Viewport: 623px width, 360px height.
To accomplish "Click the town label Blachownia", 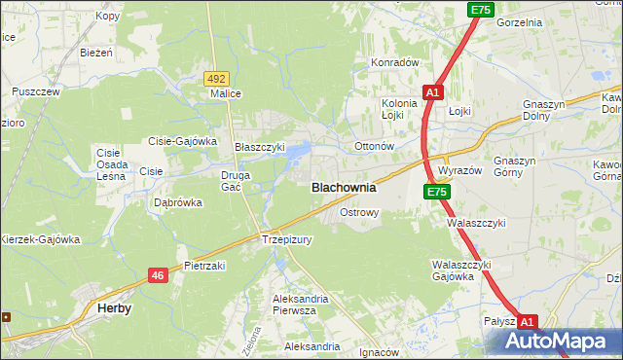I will tap(343, 188).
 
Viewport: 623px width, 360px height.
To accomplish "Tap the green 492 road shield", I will tap(216, 78).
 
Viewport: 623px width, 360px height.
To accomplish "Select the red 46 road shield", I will tap(158, 276).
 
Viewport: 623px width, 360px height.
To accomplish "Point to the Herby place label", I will tap(115, 307).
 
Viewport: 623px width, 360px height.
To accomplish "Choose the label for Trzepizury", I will tap(286, 239).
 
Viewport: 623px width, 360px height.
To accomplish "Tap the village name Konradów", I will tap(394, 62).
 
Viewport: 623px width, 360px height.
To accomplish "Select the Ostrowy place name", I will tap(358, 211).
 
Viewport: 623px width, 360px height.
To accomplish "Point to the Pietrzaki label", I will tap(205, 265).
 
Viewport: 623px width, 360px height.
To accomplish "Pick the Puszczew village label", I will tap(36, 91).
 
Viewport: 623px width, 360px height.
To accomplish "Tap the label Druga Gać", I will tap(237, 181).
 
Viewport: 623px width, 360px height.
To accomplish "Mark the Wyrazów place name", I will tap(460, 169).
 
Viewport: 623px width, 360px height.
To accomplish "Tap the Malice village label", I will tap(226, 94).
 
